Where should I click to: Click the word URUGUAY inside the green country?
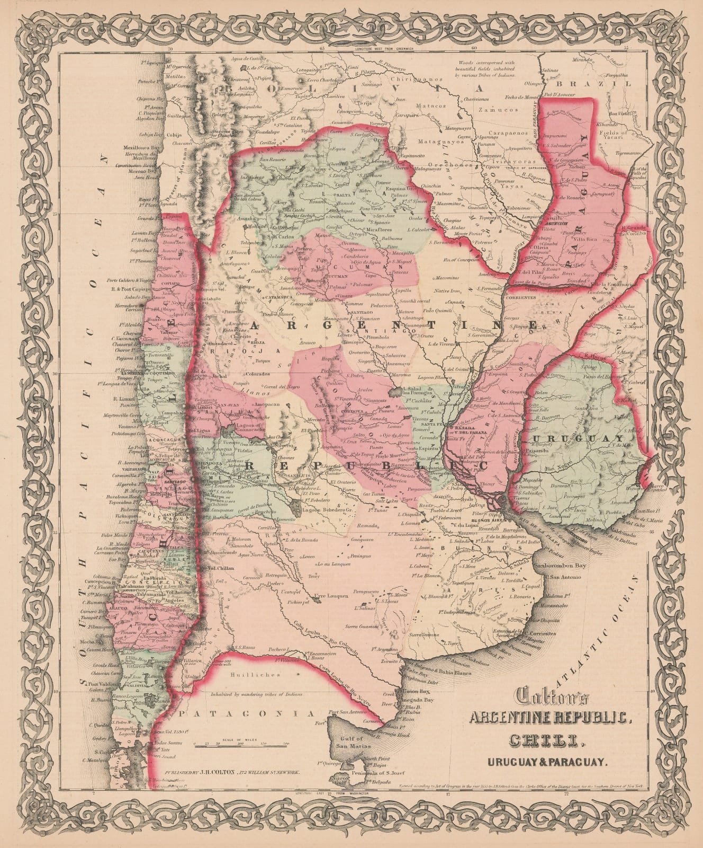(580, 439)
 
